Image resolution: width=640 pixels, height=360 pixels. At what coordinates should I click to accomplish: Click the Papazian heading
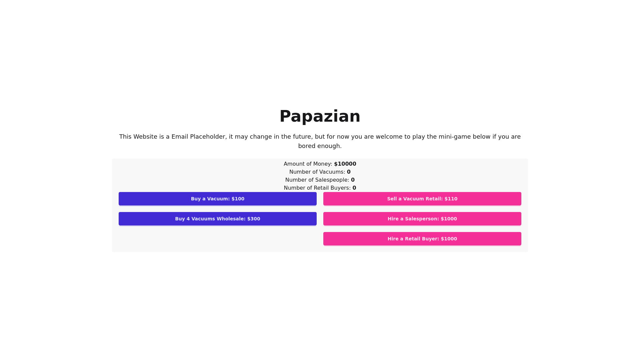tap(320, 116)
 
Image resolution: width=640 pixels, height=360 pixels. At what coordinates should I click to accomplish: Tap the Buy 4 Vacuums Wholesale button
tap(217, 219)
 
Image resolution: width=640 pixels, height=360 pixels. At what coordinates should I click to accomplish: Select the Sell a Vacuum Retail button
tap(422, 199)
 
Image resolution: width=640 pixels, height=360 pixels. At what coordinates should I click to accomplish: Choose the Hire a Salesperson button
tap(422, 219)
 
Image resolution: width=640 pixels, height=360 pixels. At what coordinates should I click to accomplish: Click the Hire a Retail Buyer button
tap(422, 239)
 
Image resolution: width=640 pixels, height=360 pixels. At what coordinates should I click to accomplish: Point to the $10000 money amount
tap(345, 164)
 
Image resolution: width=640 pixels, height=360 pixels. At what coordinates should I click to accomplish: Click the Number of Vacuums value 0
tap(349, 172)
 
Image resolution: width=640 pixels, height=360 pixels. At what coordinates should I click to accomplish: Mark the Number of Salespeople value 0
tap(353, 180)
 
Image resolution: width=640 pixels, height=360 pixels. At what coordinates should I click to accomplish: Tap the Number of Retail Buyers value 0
tap(354, 188)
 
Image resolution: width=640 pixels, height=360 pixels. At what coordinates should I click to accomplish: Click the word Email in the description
tap(180, 137)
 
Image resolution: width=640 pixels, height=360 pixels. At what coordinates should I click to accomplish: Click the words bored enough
tap(320, 146)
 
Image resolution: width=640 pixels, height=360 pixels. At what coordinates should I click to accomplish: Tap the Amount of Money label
tap(308, 164)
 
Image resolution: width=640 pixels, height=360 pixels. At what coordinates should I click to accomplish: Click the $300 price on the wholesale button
tap(254, 219)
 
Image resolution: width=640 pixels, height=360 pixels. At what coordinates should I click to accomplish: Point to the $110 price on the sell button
tap(451, 199)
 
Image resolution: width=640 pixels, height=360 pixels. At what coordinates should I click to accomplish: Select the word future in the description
tap(302, 137)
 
